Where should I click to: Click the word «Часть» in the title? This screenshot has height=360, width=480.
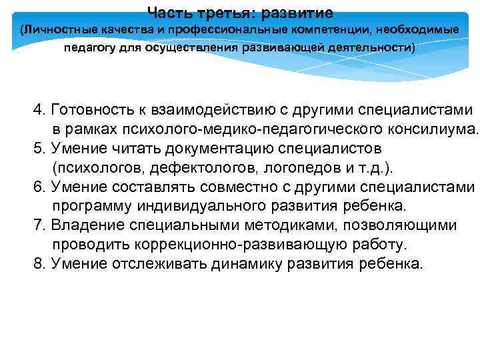[x=167, y=13]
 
